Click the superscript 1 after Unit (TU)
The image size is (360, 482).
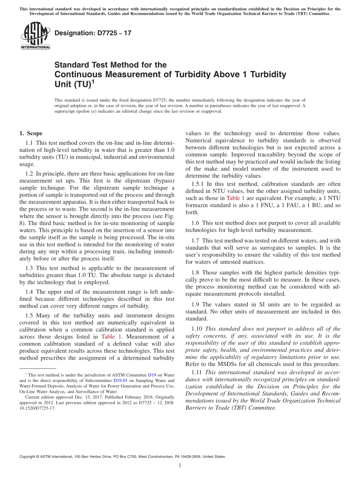click(93, 81)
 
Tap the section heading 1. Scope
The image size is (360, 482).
click(31, 133)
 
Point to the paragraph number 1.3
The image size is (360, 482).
click(29, 268)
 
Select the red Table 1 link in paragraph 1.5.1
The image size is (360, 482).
click(235, 198)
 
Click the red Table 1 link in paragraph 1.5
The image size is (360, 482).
click(111, 336)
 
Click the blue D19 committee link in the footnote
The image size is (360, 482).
click(152, 375)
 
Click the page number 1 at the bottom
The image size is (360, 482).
click(180, 465)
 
